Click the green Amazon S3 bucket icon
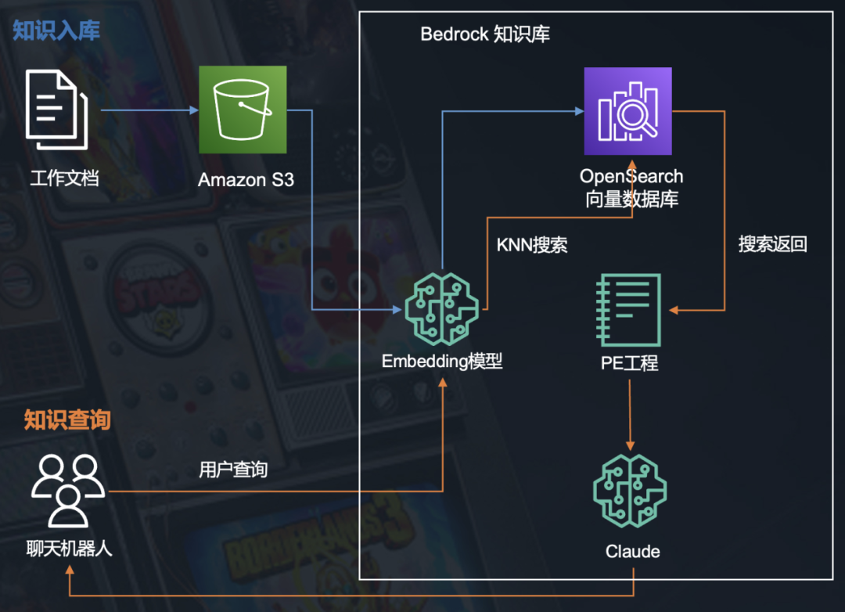tap(243, 110)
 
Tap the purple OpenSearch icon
tap(627, 111)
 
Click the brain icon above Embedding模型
tap(441, 307)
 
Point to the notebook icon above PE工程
tap(628, 310)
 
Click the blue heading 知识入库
tap(56, 31)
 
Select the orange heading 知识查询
tap(67, 420)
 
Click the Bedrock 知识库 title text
tap(485, 34)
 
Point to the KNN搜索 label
tap(532, 245)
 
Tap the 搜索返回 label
tap(772, 244)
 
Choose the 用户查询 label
tap(233, 470)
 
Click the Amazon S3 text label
tap(246, 180)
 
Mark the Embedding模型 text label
tap(442, 362)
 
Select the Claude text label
tap(632, 552)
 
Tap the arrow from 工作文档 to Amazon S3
tap(149, 111)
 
